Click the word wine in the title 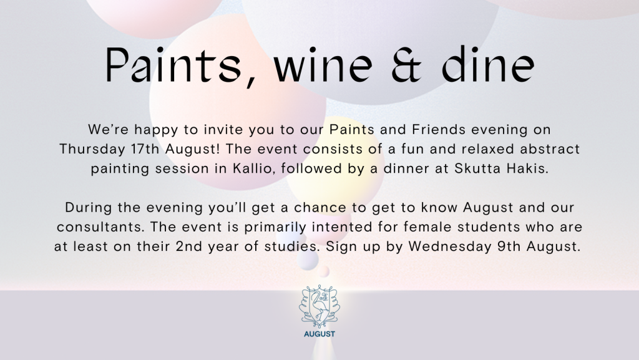coord(323,65)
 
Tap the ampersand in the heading coord(406,65)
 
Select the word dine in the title coord(488,64)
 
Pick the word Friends coord(439,130)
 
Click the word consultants coord(100,227)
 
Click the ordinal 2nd coord(188,247)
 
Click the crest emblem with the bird coord(319,306)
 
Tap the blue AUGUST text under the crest coord(319,334)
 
